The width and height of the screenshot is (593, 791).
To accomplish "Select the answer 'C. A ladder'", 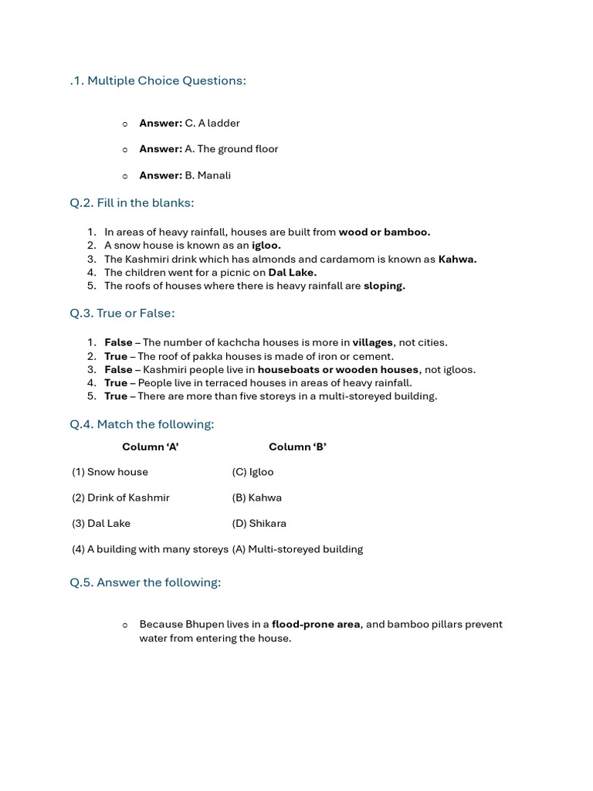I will pos(212,123).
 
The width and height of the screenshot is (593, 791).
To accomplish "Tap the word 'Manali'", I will pos(214,175).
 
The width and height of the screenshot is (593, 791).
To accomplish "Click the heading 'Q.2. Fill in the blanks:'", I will pos(132,202).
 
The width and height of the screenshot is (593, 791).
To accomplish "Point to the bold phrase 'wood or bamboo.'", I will pos(385,232).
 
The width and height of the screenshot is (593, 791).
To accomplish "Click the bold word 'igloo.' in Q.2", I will pos(266,246).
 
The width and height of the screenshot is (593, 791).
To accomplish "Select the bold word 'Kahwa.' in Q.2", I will pos(457,260).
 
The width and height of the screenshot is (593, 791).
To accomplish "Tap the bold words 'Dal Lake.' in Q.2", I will pos(293,273).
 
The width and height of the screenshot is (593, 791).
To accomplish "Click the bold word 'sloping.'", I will pos(385,286).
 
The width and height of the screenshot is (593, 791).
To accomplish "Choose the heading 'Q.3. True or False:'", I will pos(122,313).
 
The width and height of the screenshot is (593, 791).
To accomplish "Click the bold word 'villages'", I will pos(373,342).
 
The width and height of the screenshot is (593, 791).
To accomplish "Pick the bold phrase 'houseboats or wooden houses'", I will pos(338,370).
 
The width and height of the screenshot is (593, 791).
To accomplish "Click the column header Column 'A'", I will pos(151,446).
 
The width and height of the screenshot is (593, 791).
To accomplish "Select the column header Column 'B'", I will pos(297,446).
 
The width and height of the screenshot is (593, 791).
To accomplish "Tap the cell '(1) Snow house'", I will pos(110,472).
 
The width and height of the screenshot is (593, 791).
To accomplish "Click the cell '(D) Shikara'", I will pos(259,524).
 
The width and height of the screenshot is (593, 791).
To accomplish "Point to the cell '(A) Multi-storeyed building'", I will pos(297,549).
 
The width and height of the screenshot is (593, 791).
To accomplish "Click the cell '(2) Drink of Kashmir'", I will pos(120,497).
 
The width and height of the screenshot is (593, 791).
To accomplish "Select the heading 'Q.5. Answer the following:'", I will pos(145,582).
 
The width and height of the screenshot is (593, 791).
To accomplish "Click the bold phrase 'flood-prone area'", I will pos(316,624).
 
